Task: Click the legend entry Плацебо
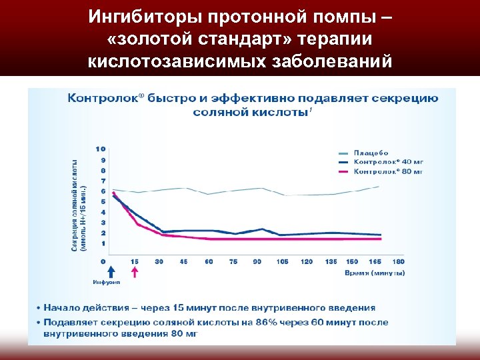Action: pos(371,153)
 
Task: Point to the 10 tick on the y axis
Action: pos(101,148)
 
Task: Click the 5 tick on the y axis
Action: pos(103,201)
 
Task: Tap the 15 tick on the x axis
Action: pos(135,261)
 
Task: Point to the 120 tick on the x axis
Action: pos(307,261)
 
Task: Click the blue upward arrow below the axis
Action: pos(111,272)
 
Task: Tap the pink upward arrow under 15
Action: pos(135,272)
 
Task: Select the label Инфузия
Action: pos(111,283)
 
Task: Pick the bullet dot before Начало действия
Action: pos(38,308)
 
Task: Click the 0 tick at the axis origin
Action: pos(103,261)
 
